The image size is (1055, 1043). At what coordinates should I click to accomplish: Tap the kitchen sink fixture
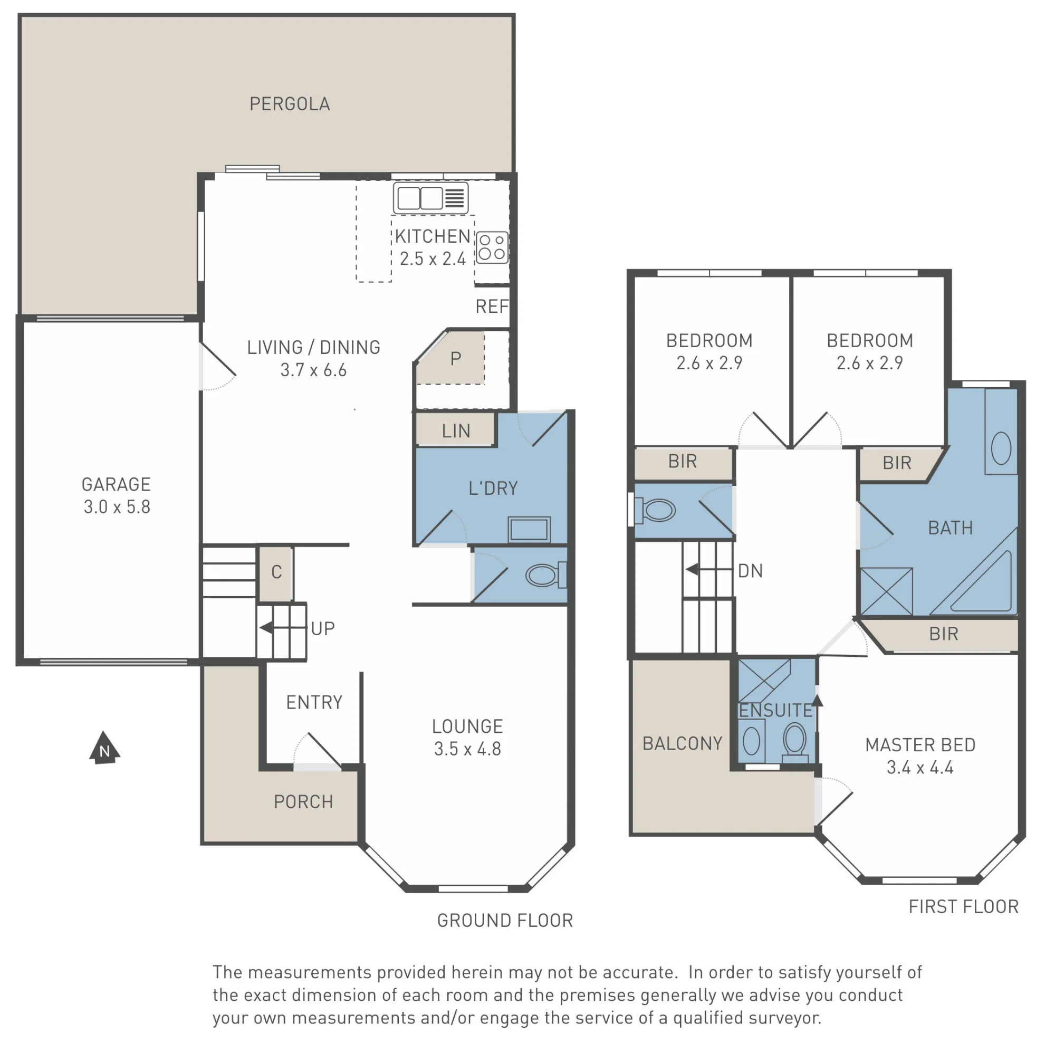pyautogui.click(x=431, y=198)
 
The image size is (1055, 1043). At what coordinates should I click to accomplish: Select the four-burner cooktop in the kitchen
pyautogui.click(x=492, y=247)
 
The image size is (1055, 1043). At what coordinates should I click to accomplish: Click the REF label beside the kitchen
pyautogui.click(x=492, y=307)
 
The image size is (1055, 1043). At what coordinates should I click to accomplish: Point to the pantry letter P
pyautogui.click(x=456, y=359)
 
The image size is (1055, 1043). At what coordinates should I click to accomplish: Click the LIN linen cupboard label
pyautogui.click(x=456, y=431)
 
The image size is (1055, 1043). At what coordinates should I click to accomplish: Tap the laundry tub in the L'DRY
pyautogui.click(x=529, y=529)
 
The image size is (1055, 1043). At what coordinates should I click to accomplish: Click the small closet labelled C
pyautogui.click(x=277, y=572)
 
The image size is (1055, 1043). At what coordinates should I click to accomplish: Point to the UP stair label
pyautogui.click(x=323, y=628)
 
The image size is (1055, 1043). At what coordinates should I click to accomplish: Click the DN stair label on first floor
pyautogui.click(x=750, y=571)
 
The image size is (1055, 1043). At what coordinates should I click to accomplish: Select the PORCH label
pyautogui.click(x=304, y=801)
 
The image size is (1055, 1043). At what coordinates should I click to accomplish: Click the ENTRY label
pyautogui.click(x=314, y=702)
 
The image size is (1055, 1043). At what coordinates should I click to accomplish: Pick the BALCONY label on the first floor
pyautogui.click(x=683, y=743)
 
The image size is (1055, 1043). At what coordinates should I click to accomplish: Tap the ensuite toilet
pyautogui.click(x=795, y=741)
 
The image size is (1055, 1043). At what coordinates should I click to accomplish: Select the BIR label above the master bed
pyautogui.click(x=944, y=634)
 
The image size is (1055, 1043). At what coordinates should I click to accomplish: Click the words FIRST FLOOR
pyautogui.click(x=964, y=906)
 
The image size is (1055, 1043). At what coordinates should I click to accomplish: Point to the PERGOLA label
pyautogui.click(x=290, y=104)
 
